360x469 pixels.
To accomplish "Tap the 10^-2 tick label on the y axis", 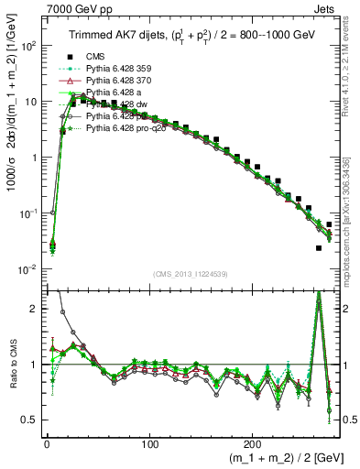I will pyautogui.click(x=26, y=269).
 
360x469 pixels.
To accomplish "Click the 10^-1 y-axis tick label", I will pyautogui.click(x=26, y=213).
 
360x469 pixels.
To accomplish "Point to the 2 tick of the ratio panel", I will pyautogui.click(x=31, y=309).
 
